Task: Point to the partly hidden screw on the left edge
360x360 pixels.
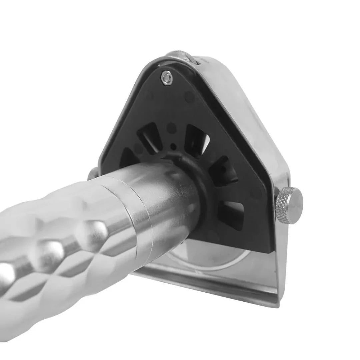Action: click(93, 173)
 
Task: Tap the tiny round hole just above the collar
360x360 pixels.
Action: click(173, 146)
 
